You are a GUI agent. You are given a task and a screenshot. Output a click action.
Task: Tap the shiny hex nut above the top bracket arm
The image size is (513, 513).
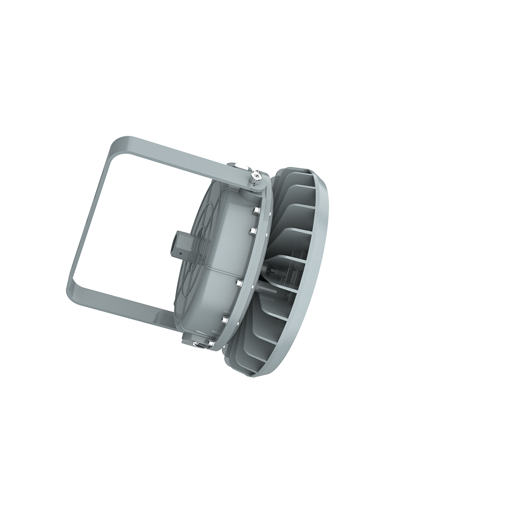pos(239,165)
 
